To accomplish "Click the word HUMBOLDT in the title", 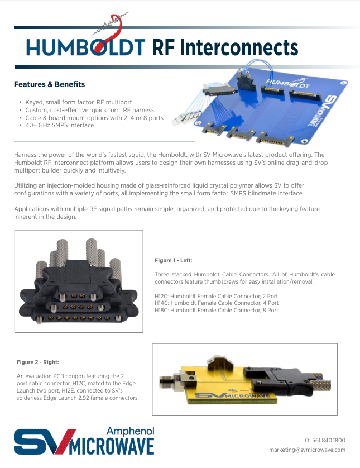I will coord(86,48).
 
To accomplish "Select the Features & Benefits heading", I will coord(49,84).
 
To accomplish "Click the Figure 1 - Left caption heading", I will coord(173,260).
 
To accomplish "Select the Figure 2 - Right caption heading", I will coord(37,362).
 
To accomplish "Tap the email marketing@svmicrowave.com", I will coord(307,450).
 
